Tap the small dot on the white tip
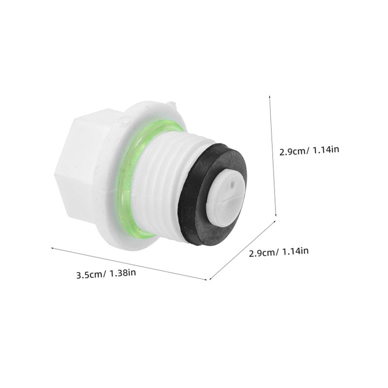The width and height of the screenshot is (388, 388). coord(232,184)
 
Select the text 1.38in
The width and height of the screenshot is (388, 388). coord(122,273)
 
